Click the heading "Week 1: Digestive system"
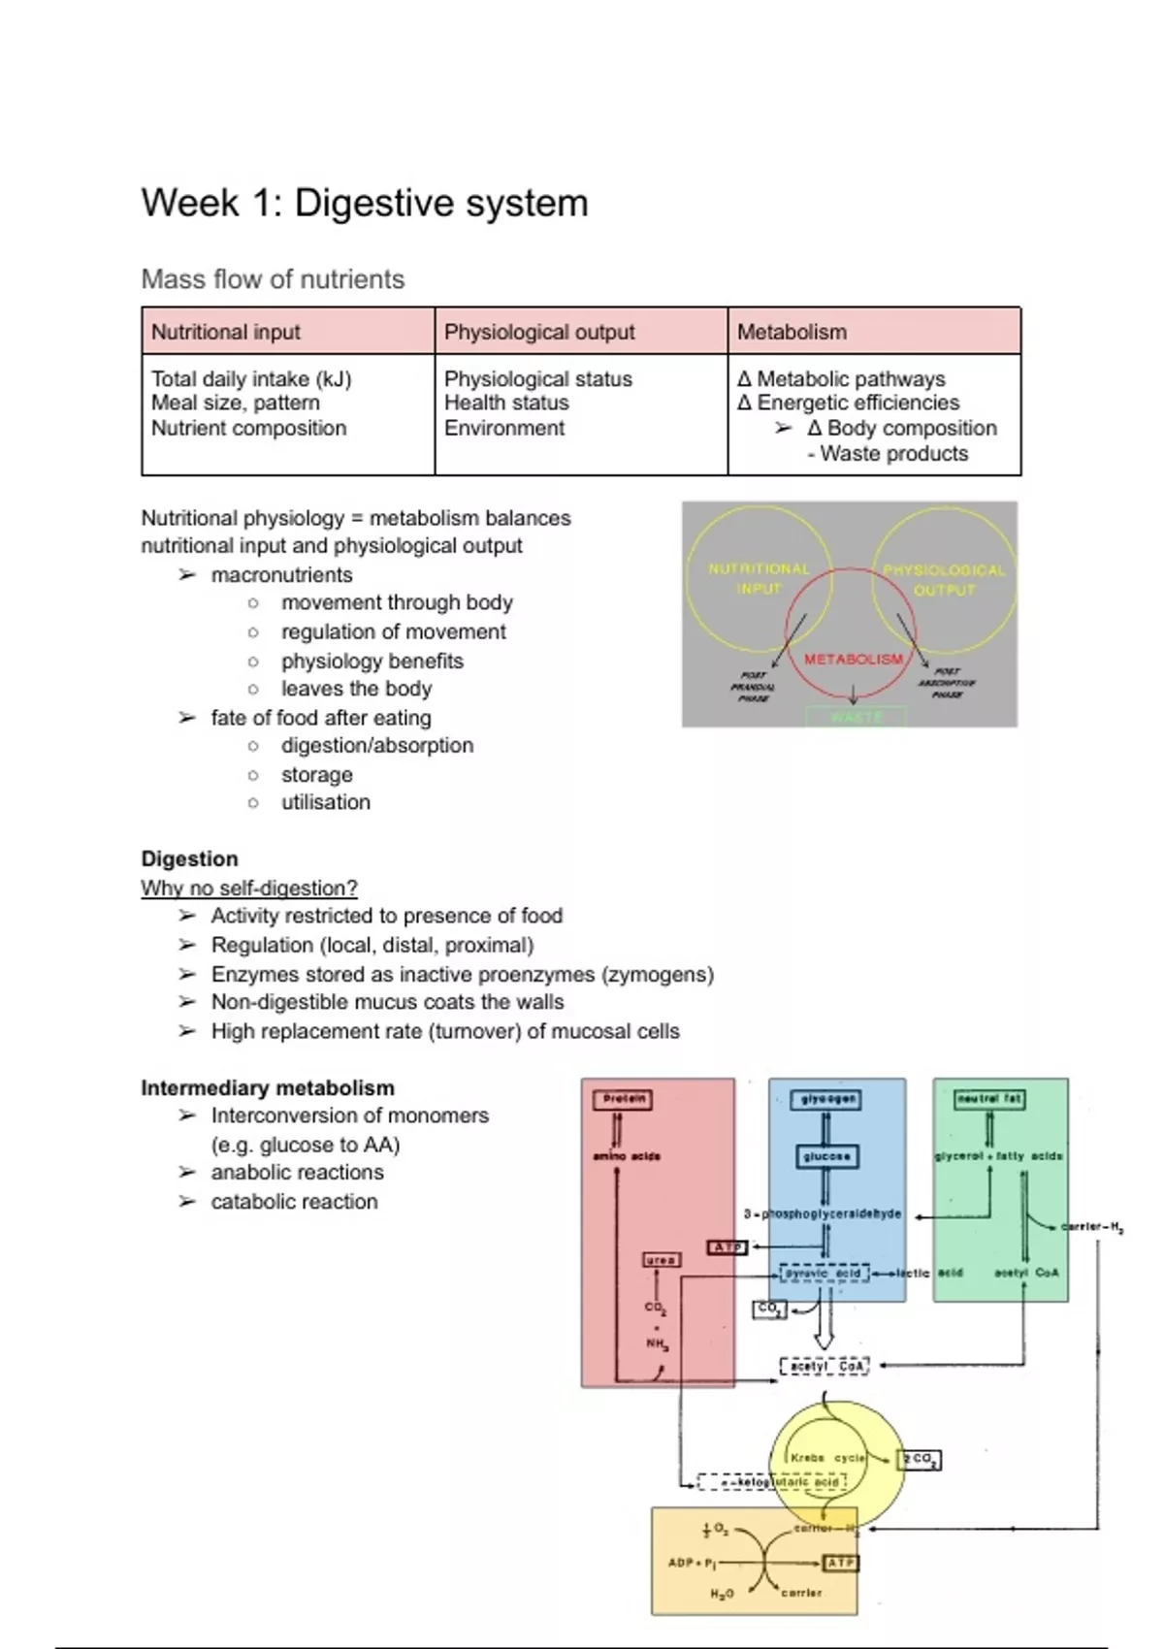pos(365,204)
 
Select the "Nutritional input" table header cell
pos(226,332)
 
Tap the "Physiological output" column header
pos(539,332)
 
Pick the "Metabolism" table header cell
pos(792,332)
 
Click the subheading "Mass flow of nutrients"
pos(273,279)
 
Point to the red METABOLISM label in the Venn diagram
pos(854,659)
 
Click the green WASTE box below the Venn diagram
pos(857,717)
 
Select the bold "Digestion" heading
pos(189,858)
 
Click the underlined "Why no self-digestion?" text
pos(249,888)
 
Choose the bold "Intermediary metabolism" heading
pos(268,1087)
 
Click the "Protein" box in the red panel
pos(622,1099)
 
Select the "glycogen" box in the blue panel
pos(827,1099)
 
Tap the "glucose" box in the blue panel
pos(826,1156)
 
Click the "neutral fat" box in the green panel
pos(989,1099)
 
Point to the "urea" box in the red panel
pos(662,1259)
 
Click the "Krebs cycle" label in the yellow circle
pos(827,1458)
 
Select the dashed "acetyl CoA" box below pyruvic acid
pos(824,1366)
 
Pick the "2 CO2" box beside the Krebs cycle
pos(919,1459)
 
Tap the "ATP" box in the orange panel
pos(840,1563)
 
